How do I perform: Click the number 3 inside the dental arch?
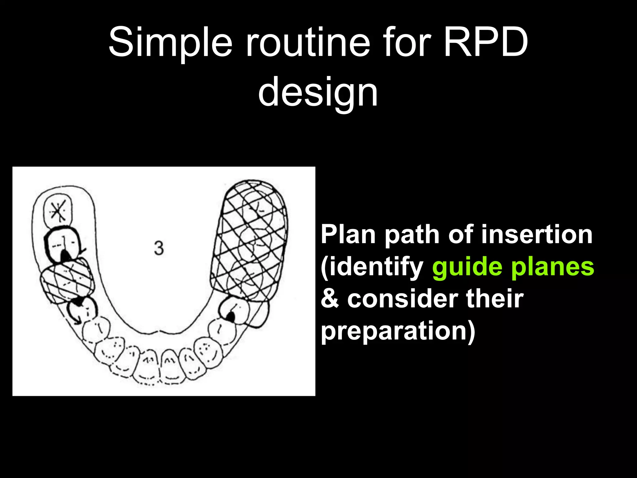tap(159, 248)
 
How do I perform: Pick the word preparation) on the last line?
tap(398, 331)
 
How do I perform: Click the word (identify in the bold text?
tap(372, 267)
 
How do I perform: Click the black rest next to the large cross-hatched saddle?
tap(230, 317)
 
